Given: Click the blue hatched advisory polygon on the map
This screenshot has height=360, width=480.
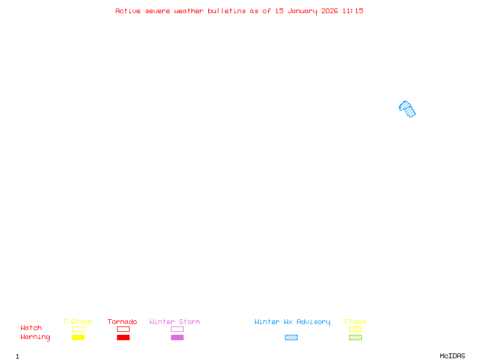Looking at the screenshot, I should pyautogui.click(x=407, y=109).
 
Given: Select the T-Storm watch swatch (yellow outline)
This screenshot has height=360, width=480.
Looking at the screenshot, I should pyautogui.click(x=78, y=329).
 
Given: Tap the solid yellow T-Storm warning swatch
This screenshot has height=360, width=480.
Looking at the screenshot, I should pyautogui.click(x=78, y=337).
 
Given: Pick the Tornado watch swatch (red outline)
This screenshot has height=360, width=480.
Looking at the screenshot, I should pyautogui.click(x=123, y=329).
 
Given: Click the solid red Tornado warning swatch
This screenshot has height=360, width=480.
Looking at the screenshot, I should pyautogui.click(x=123, y=337).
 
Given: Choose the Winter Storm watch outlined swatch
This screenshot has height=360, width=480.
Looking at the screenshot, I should pyautogui.click(x=177, y=329).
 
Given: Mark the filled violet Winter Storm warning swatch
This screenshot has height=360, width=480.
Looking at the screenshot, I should pyautogui.click(x=177, y=337).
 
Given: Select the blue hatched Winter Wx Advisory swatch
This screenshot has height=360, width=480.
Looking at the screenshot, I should pyautogui.click(x=291, y=337).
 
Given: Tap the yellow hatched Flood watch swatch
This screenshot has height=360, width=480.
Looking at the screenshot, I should pyautogui.click(x=355, y=329).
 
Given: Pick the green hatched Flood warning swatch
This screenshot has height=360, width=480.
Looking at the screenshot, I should pyautogui.click(x=355, y=337).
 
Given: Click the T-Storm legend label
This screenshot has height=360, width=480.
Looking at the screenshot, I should pyautogui.click(x=77, y=322).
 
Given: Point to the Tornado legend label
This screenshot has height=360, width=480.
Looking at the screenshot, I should pyautogui.click(x=122, y=322).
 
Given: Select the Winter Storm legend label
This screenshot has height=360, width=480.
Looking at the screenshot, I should pyautogui.click(x=175, y=322).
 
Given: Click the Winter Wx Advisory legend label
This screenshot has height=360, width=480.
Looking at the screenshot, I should pyautogui.click(x=292, y=322).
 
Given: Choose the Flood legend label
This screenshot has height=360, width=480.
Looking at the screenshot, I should pyautogui.click(x=355, y=322).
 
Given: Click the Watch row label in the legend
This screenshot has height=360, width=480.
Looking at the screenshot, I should pyautogui.click(x=31, y=328).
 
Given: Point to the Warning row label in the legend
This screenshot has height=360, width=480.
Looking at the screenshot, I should pyautogui.click(x=35, y=337).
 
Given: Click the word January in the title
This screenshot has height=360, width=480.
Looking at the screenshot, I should pyautogui.click(x=303, y=11).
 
